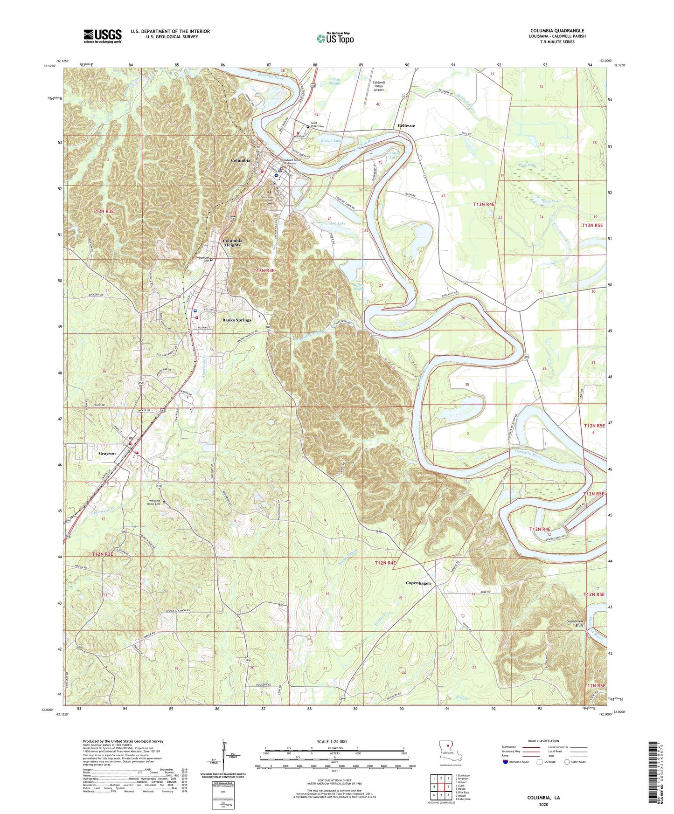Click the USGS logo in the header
pos(103,35)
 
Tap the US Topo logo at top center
pos(335,38)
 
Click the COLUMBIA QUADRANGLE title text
pos(557,31)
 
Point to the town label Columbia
pos(241,160)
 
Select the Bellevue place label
pos(406,126)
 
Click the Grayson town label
pos(107,453)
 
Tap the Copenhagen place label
pos(418,583)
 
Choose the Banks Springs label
pos(236,320)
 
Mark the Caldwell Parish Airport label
pos(378,86)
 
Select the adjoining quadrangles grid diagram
pos(441,786)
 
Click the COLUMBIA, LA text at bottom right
pos(543,798)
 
